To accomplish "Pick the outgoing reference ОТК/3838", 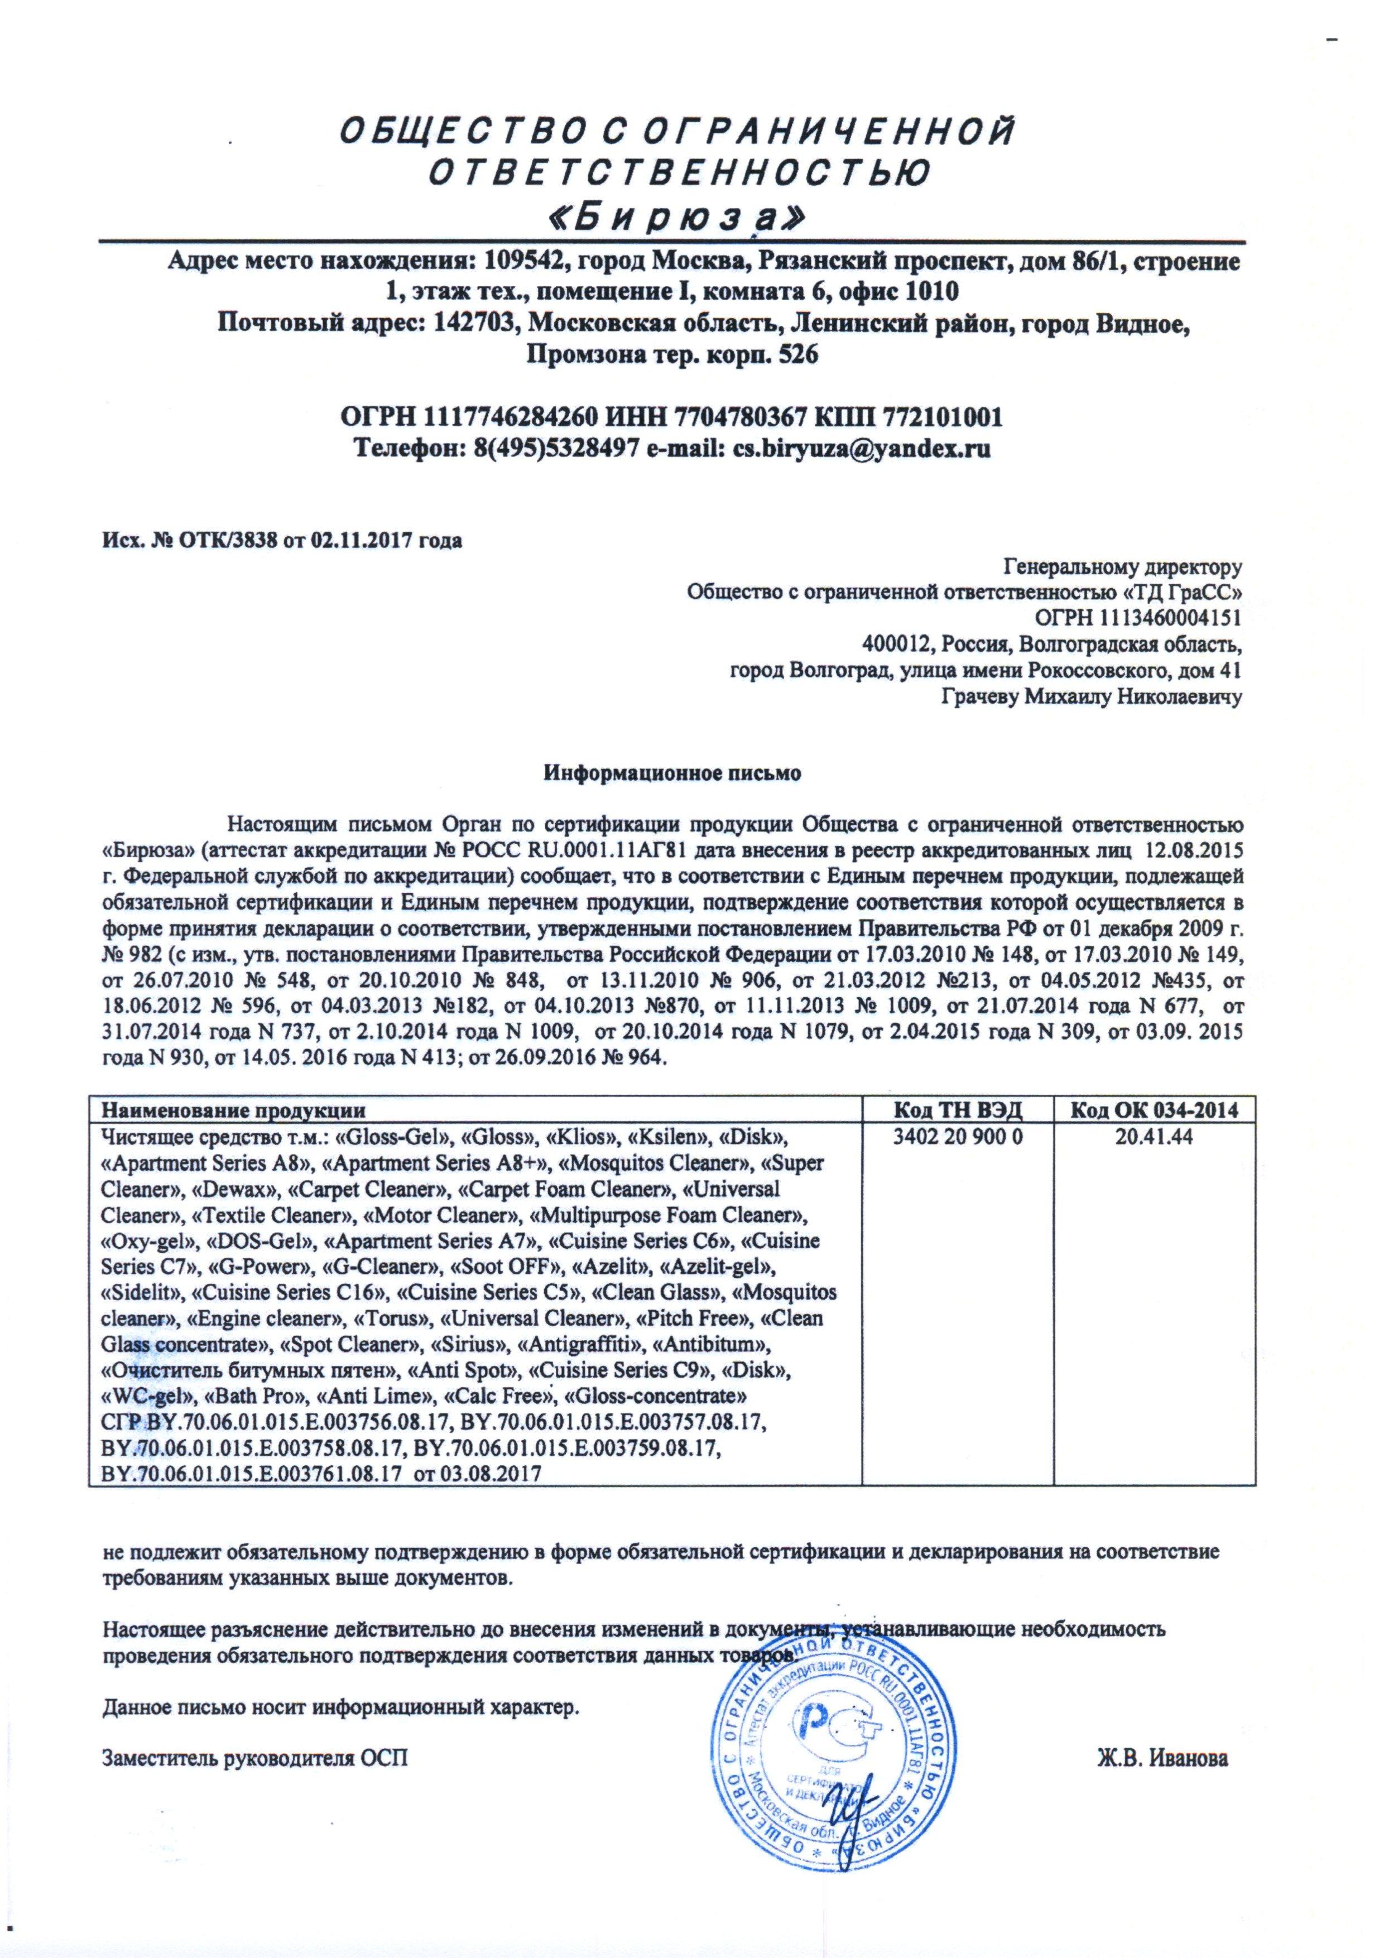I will tap(226, 541).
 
